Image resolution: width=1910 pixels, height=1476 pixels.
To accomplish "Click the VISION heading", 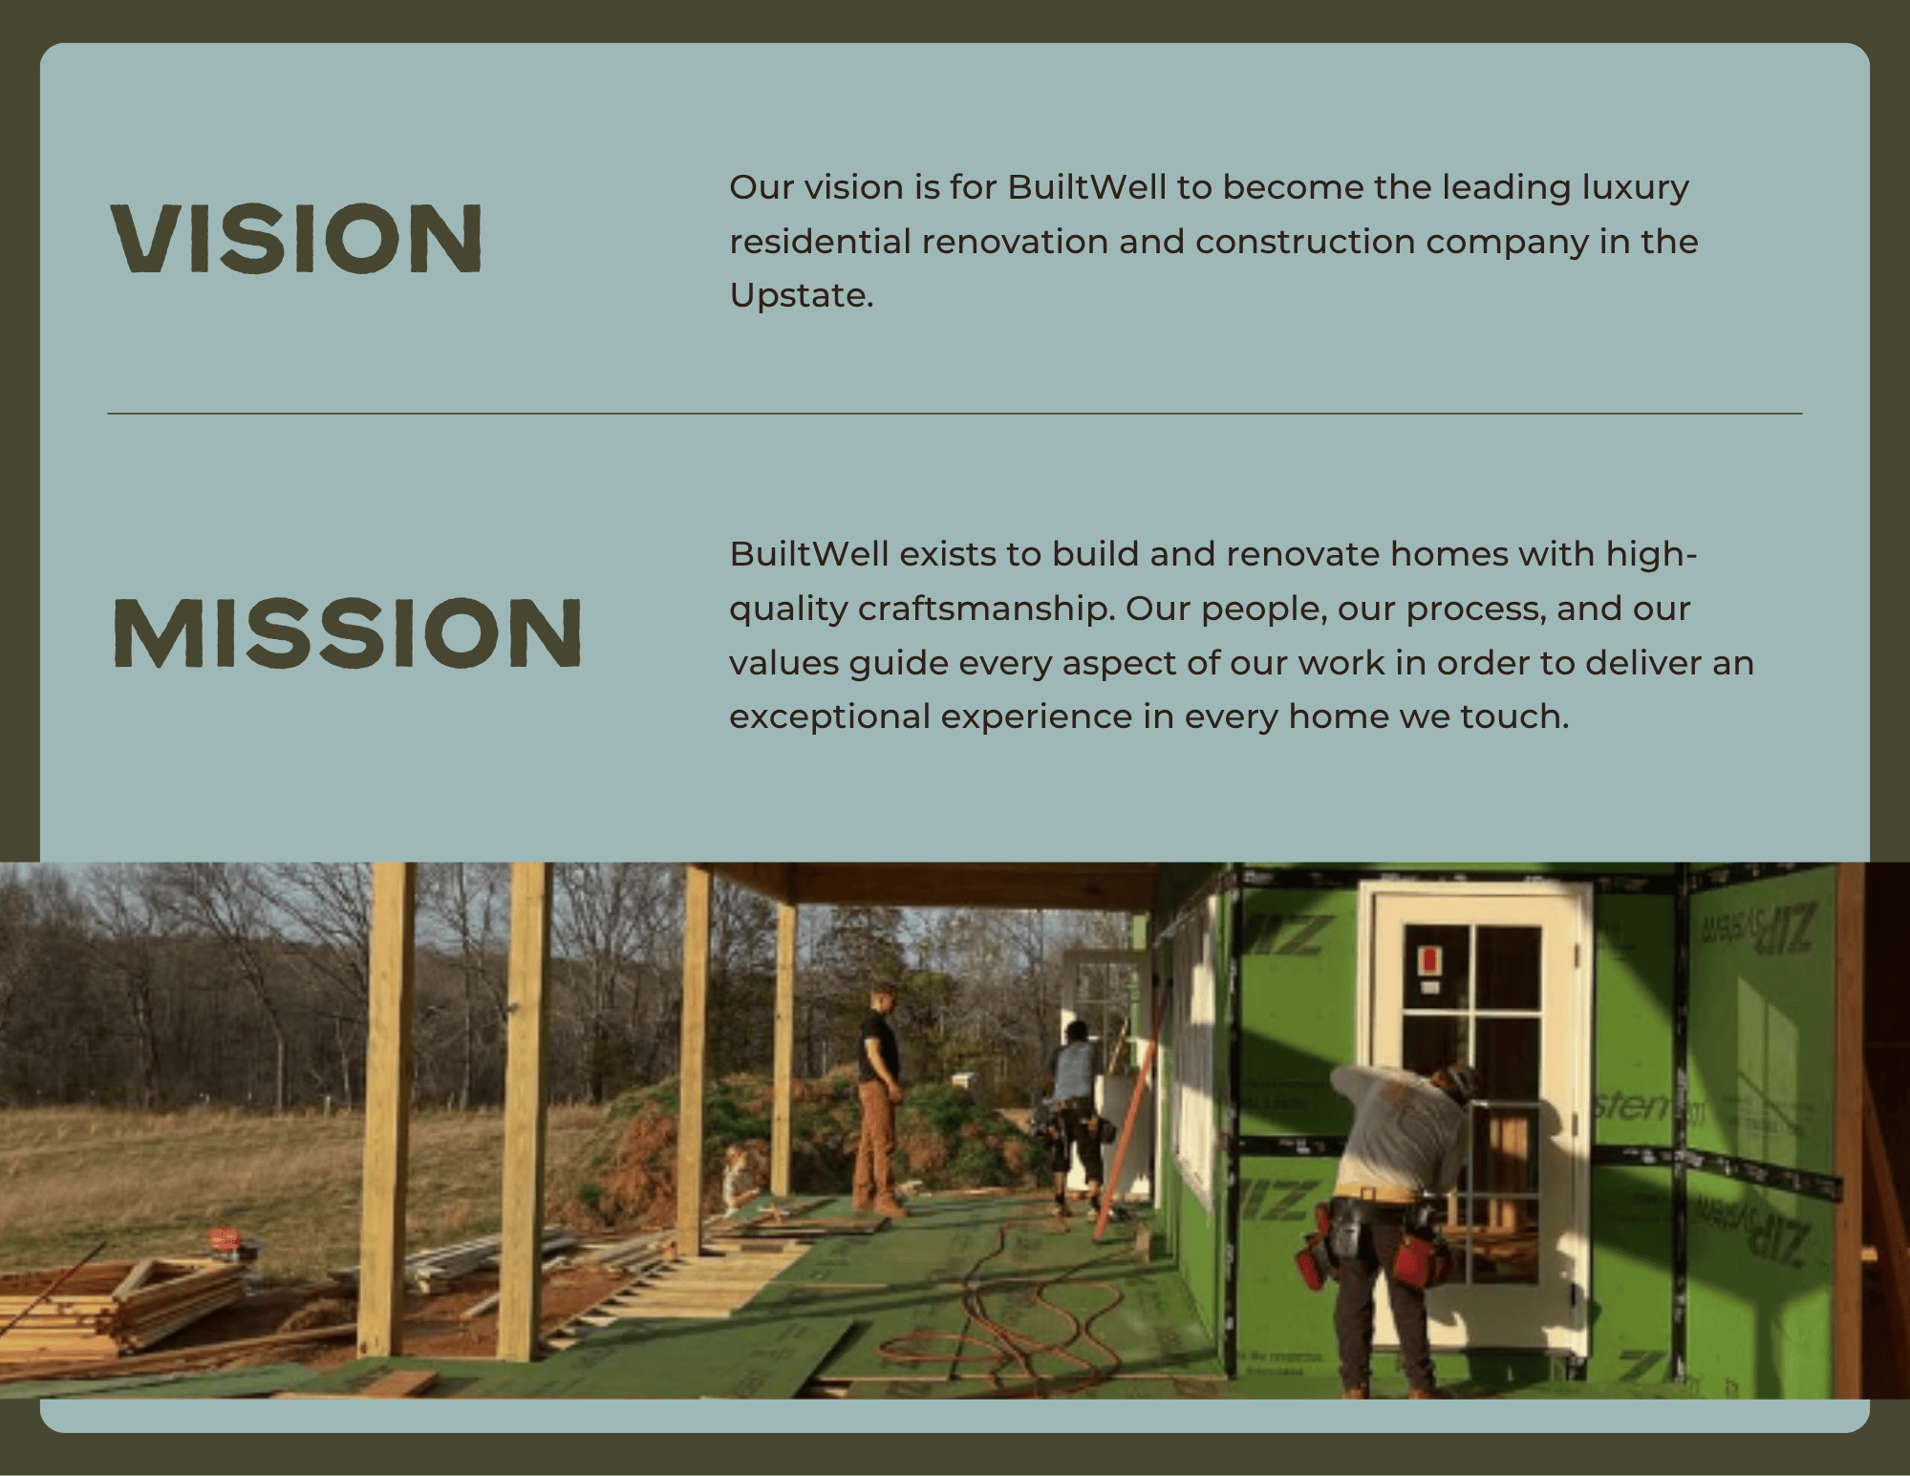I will [x=296, y=238].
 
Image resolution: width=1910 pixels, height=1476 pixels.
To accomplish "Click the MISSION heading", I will [x=348, y=632].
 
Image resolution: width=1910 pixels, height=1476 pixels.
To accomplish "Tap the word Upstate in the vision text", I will [x=799, y=295].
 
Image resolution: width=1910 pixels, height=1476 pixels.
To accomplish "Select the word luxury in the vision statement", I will [x=1635, y=187].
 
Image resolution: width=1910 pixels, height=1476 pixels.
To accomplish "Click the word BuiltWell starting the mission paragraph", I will [x=808, y=554].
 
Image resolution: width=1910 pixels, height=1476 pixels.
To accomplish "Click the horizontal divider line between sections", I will [x=955, y=414].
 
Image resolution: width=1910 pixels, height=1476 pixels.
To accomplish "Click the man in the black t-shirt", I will [x=878, y=1099].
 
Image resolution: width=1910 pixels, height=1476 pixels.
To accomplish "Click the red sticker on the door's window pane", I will [x=1429, y=959].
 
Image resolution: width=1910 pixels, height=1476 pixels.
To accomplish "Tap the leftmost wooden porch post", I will [x=387, y=1108].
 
